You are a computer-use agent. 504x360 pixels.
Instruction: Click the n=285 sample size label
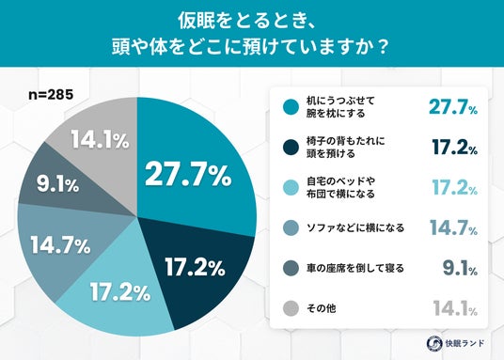tap(51, 95)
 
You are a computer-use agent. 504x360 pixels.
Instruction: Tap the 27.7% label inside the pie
tap(188, 175)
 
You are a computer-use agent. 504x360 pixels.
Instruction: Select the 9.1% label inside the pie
tap(58, 184)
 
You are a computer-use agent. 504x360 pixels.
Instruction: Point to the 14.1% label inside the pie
tap(100, 139)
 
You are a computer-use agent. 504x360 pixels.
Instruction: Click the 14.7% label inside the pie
tap(61, 245)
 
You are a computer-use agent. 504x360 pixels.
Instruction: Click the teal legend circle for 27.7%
tap(291, 107)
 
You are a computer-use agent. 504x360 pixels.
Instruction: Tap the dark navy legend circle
tap(291, 148)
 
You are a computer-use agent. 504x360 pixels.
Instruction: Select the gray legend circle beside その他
tap(291, 308)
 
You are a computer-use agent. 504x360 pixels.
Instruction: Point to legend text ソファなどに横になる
tap(355, 227)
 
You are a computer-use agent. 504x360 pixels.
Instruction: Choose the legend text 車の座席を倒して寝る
tap(355, 268)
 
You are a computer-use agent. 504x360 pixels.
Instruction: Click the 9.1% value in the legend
tap(460, 268)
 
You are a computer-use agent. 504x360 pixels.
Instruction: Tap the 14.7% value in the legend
tap(454, 227)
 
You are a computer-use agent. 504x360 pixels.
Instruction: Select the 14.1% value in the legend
tap(455, 308)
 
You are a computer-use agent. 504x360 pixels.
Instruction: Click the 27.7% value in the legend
tap(453, 107)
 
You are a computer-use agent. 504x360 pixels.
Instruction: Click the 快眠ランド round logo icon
tap(434, 343)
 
